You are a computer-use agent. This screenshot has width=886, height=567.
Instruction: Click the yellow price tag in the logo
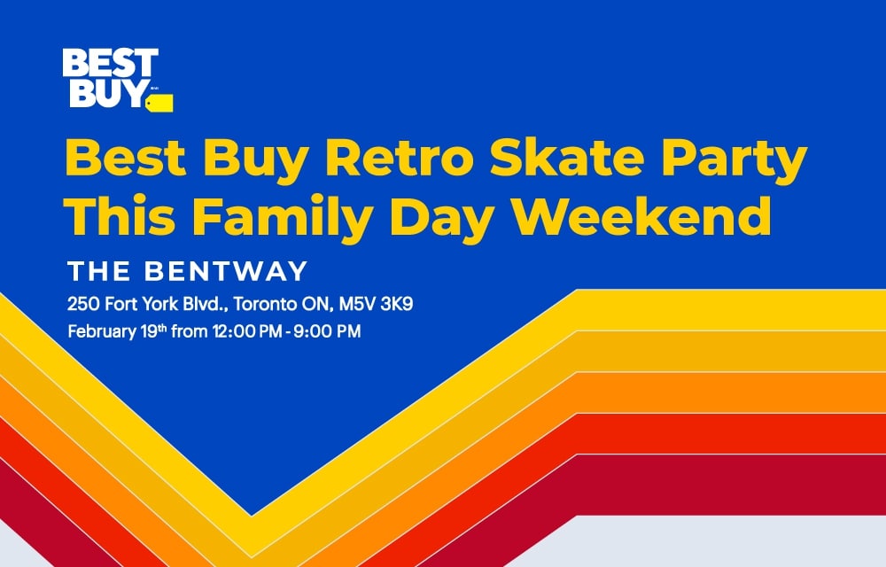[x=159, y=103]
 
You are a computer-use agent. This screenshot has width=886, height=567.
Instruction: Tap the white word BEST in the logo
[x=111, y=63]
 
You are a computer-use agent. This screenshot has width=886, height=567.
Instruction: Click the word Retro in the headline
[x=400, y=158]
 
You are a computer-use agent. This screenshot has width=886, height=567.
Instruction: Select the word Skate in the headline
[x=567, y=158]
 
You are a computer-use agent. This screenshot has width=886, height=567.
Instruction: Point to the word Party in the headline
[x=733, y=161]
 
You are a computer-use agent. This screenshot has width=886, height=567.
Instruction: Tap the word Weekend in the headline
[x=641, y=215]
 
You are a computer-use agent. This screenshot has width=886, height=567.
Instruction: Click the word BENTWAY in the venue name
[x=226, y=271]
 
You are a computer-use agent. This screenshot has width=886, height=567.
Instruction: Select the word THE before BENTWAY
[x=98, y=271]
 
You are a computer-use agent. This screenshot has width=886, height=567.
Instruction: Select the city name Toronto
[x=265, y=304]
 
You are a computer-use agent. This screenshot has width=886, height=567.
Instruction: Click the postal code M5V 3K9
[x=376, y=304]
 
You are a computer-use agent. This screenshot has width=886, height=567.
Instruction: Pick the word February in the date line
[x=102, y=331]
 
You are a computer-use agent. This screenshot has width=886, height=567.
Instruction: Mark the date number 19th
[x=153, y=331]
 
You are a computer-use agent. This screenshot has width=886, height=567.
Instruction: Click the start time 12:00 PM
[x=247, y=331]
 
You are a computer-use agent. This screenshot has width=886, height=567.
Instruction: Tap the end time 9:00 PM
[x=327, y=331]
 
